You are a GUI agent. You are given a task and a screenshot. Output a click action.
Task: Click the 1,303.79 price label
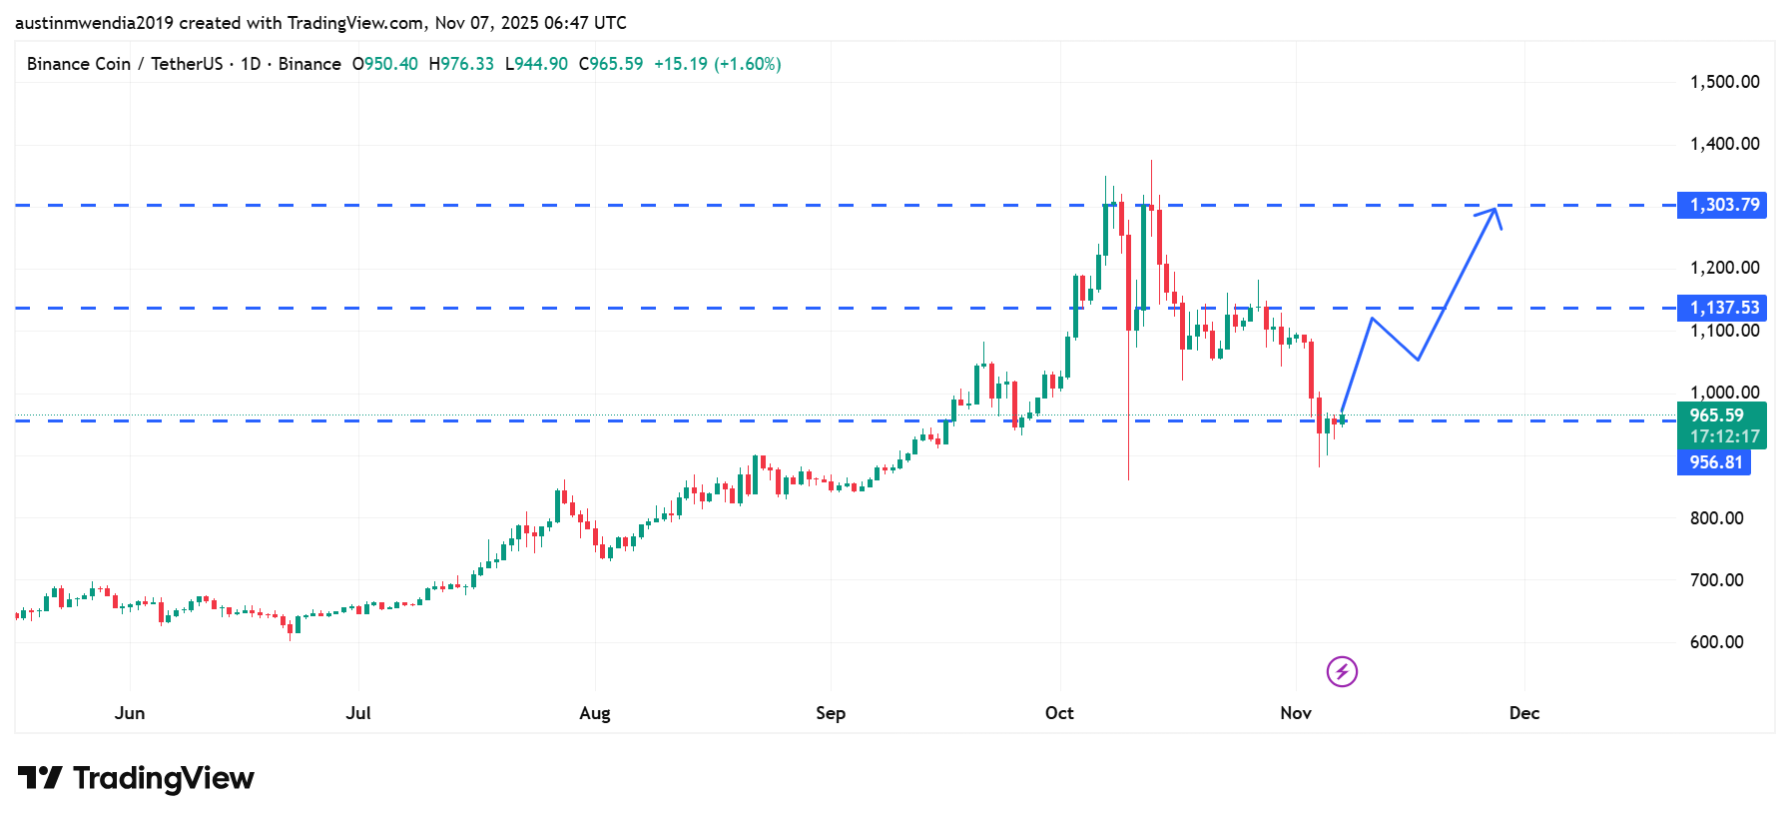pyautogui.click(x=1722, y=205)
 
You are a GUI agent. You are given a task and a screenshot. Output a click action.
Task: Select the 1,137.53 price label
pyautogui.click(x=1722, y=308)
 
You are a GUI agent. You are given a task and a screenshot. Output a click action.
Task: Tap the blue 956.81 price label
pyautogui.click(x=1714, y=462)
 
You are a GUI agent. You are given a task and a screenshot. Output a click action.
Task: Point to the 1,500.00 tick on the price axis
pyautogui.click(x=1724, y=82)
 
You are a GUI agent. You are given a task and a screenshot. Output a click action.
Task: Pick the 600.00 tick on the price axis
pyautogui.click(x=1716, y=642)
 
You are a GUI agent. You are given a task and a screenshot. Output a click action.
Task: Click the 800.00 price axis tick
pyautogui.click(x=1716, y=518)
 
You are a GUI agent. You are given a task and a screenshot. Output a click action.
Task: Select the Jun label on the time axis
pyautogui.click(x=130, y=713)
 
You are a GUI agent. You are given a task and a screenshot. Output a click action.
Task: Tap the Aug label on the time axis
pyautogui.click(x=594, y=713)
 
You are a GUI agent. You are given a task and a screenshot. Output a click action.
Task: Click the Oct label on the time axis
pyautogui.click(x=1059, y=713)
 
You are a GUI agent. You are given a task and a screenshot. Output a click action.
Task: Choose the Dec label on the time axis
pyautogui.click(x=1523, y=713)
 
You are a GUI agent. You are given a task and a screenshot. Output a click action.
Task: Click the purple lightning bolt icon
pyautogui.click(x=1342, y=672)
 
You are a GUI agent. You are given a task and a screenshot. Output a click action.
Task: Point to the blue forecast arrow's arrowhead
pyautogui.click(x=1493, y=210)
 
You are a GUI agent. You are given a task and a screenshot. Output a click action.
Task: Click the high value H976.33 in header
pyautogui.click(x=461, y=64)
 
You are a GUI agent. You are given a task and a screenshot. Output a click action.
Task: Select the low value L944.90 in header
pyautogui.click(x=536, y=64)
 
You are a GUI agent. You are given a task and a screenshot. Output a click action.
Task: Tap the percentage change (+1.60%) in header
pyautogui.click(x=747, y=64)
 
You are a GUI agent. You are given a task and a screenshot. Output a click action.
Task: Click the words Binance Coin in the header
pyautogui.click(x=79, y=64)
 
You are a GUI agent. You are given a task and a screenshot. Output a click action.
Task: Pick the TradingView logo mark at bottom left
pyautogui.click(x=40, y=777)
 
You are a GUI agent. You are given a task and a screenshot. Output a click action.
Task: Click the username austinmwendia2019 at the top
pyautogui.click(x=94, y=22)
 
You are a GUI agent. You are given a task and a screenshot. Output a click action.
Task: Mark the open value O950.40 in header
pyautogui.click(x=385, y=64)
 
